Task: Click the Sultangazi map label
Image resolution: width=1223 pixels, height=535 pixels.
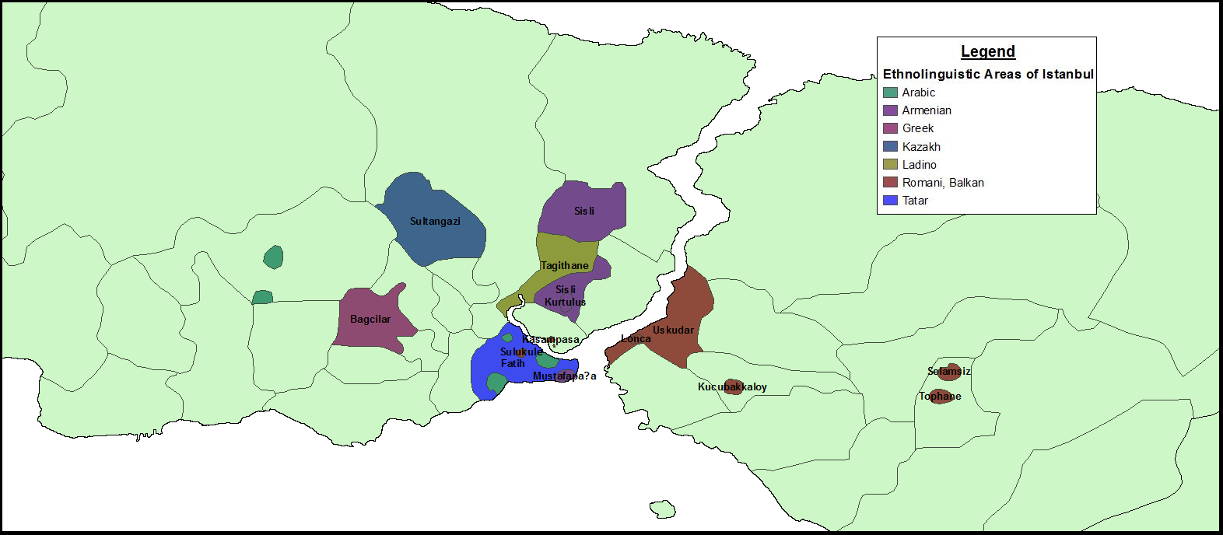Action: pos(435,222)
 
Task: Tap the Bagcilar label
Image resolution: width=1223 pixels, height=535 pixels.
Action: pos(370,320)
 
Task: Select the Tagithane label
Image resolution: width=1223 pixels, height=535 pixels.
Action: pos(565,266)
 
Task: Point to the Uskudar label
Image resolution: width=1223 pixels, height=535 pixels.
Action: pos(673,330)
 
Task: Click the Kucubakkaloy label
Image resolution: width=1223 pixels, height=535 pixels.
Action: pos(732,387)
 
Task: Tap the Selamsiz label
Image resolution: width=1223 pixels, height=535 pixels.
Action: pos(949,372)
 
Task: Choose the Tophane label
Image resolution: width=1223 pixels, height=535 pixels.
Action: pos(940,397)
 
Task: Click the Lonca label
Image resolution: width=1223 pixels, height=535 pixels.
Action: pos(636,339)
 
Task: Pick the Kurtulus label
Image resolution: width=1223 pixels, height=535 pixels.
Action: pos(566,302)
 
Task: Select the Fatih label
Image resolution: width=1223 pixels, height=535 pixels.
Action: pos(513,364)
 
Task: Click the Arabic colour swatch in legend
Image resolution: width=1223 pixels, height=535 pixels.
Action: pos(891,93)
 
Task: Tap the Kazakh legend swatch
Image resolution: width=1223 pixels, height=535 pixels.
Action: pos(891,147)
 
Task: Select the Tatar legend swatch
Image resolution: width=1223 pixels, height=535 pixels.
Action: pos(891,201)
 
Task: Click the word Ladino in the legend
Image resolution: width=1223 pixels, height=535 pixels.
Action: pos(919,165)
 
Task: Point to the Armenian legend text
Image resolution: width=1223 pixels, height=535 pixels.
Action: pos(927,110)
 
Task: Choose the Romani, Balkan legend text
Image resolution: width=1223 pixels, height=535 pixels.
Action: pos(943,183)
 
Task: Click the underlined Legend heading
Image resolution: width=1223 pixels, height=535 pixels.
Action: pos(988,52)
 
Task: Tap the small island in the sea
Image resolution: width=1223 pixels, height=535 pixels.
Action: pos(662,509)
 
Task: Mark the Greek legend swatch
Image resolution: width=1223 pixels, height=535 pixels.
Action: pos(891,128)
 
